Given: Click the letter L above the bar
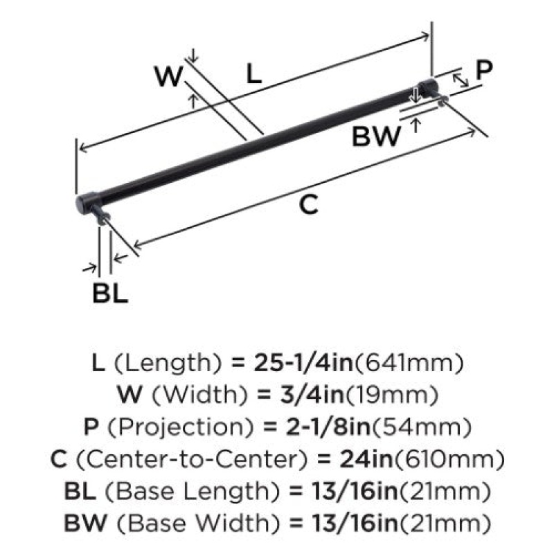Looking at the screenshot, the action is coord(254,74).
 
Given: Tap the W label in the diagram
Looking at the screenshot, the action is coord(169,76).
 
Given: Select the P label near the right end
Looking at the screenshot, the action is coord(483,70).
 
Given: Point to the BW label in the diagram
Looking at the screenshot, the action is coord(377,136).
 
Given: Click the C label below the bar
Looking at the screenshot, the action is coord(308,204).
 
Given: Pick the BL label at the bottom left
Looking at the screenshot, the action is coord(110,293).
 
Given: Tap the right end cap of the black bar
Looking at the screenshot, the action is coord(428,89).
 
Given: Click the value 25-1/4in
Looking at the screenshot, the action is coord(303,363).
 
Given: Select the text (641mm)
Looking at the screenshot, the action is coord(409,363).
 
